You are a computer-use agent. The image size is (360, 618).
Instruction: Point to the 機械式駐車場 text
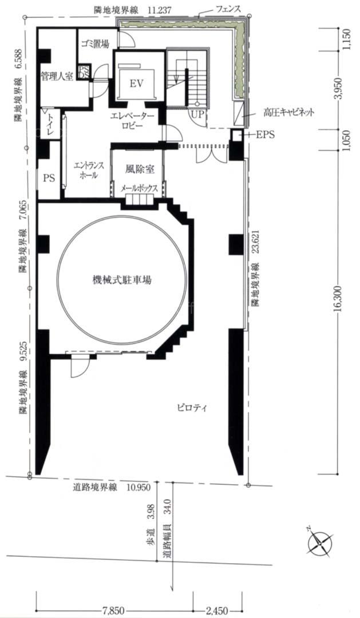click(122, 280)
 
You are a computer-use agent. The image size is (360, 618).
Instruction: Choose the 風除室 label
click(140, 169)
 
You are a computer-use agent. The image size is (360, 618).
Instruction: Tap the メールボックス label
click(139, 189)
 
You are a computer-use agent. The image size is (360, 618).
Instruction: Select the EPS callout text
click(265, 135)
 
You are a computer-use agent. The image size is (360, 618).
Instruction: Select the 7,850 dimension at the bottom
click(115, 611)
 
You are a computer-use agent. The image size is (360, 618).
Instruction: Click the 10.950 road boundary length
click(139, 487)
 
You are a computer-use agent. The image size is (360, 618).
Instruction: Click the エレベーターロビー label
click(132, 121)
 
